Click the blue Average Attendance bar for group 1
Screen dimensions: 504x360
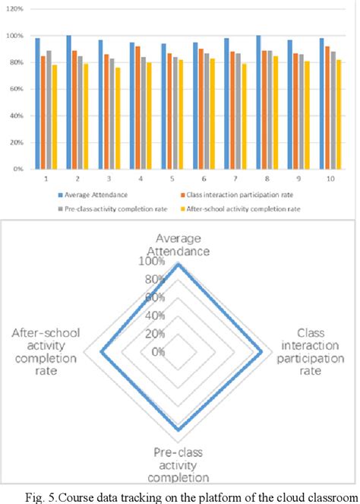(38, 103)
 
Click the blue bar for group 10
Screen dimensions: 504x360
(322, 103)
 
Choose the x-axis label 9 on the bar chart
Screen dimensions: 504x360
(299, 177)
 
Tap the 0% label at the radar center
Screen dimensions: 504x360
(158, 351)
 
